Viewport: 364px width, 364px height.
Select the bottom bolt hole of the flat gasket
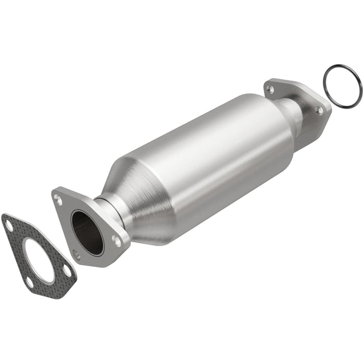30,283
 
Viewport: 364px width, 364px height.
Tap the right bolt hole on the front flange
118,241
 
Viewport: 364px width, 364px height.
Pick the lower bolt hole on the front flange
77,255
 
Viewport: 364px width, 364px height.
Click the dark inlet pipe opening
87,231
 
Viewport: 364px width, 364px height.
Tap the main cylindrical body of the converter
208,156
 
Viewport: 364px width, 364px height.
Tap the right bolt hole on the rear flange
320,110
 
